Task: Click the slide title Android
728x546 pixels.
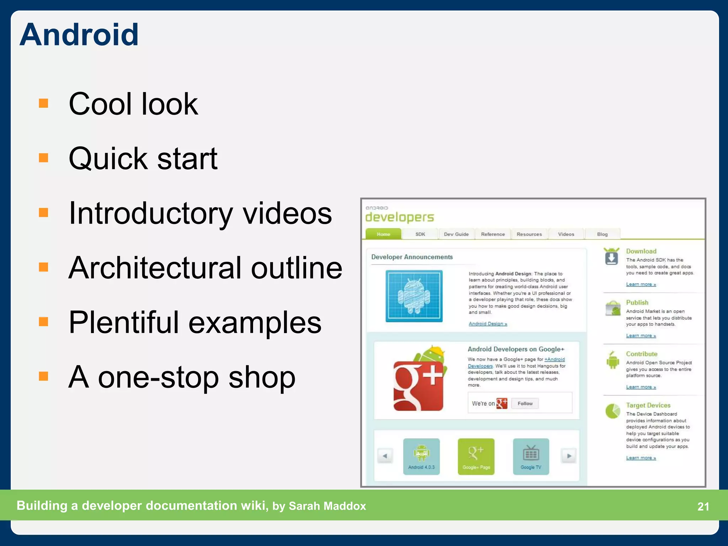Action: [79, 35]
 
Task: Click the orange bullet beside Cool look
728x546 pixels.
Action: [43, 103]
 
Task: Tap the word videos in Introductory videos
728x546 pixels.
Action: [287, 213]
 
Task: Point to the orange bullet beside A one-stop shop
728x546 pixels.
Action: [43, 376]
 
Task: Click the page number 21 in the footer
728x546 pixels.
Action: [703, 506]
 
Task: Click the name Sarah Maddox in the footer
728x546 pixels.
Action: [327, 506]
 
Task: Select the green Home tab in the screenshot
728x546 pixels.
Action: [383, 234]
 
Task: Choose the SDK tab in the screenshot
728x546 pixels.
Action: [420, 234]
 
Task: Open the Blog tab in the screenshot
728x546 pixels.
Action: [602, 234]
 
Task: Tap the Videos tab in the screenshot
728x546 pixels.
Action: [566, 234]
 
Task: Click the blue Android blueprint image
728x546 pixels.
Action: [414, 296]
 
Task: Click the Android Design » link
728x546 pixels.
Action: [488, 324]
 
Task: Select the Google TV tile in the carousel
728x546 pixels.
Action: [531, 457]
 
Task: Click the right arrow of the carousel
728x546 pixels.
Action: [569, 456]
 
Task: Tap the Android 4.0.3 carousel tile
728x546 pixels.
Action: [421, 457]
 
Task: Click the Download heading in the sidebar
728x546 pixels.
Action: [641, 251]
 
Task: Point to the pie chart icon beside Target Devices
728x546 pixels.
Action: [612, 411]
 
